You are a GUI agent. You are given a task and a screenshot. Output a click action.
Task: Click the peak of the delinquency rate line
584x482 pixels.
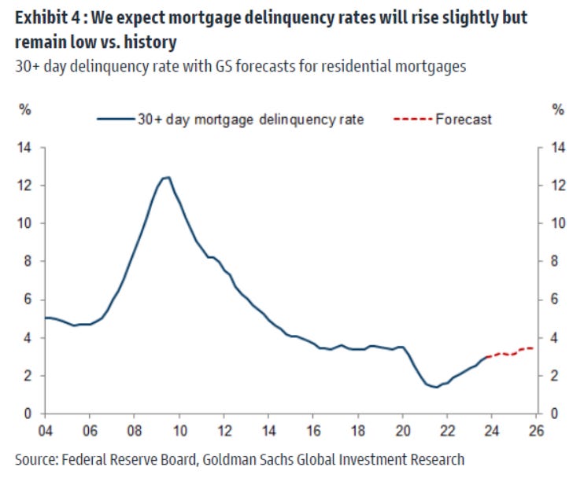click(167, 178)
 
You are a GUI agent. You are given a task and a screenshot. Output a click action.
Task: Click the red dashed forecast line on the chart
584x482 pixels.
click(512, 352)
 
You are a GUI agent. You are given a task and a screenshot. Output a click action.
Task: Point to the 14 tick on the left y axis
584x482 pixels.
click(26, 148)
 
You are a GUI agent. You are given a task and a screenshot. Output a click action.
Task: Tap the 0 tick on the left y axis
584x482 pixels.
click(29, 414)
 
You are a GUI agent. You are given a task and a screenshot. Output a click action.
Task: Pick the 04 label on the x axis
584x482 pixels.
click(44, 432)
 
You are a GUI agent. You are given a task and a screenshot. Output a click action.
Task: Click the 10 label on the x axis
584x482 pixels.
click(179, 432)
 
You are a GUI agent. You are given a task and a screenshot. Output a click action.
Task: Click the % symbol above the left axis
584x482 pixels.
click(24, 110)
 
